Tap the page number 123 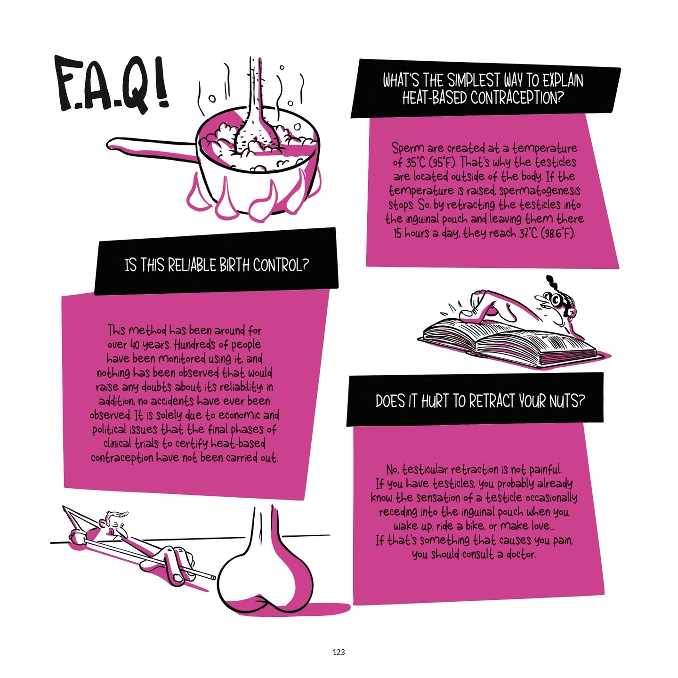point(339,652)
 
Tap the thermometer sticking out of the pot point(255,94)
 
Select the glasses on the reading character point(556,299)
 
